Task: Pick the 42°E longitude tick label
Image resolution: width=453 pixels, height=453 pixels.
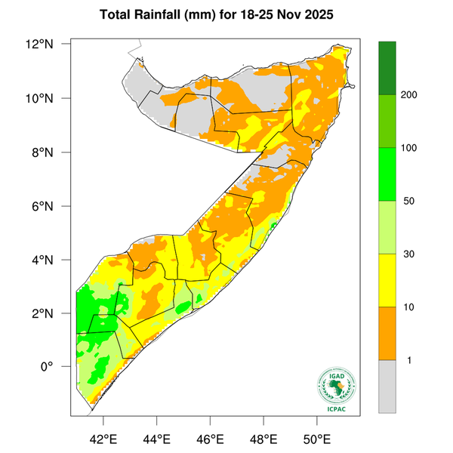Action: pyautogui.click(x=103, y=438)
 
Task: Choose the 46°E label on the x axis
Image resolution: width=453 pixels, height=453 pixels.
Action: pyautogui.click(x=210, y=438)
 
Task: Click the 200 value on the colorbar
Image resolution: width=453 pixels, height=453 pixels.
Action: pyautogui.click(x=411, y=95)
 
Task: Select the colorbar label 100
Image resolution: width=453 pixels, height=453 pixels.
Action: pyautogui.click(x=411, y=148)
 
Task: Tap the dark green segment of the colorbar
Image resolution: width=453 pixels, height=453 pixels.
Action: pyautogui.click(x=387, y=68)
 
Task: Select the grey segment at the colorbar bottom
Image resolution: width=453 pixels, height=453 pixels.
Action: pyautogui.click(x=387, y=386)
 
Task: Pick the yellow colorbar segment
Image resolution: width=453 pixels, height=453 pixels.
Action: pyautogui.click(x=387, y=280)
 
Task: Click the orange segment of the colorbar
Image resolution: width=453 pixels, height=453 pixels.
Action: pyautogui.click(x=387, y=333)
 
